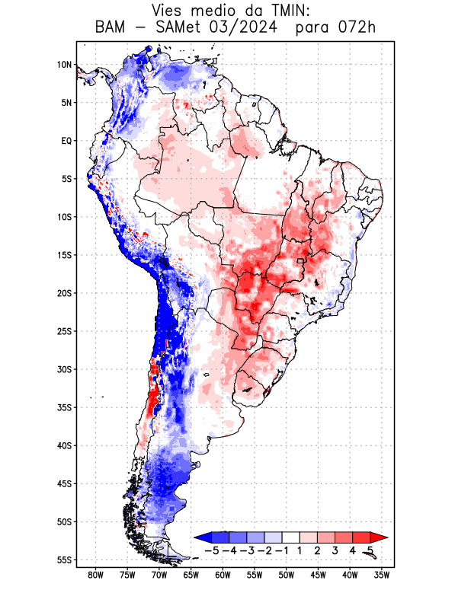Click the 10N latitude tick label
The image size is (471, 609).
pyautogui.click(x=64, y=65)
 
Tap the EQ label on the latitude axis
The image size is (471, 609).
pyautogui.click(x=66, y=141)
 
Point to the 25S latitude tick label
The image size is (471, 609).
pyautogui.click(x=64, y=331)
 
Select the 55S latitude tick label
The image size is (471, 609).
pyautogui.click(x=64, y=560)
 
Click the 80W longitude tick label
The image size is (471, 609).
pyautogui.click(x=96, y=576)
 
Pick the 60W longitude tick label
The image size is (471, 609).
pyautogui.click(x=223, y=576)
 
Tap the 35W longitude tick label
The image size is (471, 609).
pyautogui.click(x=383, y=576)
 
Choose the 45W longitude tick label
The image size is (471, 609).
pyautogui.click(x=319, y=576)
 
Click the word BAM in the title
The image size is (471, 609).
pyautogui.click(x=114, y=28)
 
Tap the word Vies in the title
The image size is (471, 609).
pyautogui.click(x=171, y=11)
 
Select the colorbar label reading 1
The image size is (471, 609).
pyautogui.click(x=300, y=550)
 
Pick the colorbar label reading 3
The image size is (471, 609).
pyautogui.click(x=335, y=550)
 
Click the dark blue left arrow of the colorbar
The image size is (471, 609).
pyautogui.click(x=200, y=538)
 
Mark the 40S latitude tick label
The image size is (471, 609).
pyautogui.click(x=64, y=445)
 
